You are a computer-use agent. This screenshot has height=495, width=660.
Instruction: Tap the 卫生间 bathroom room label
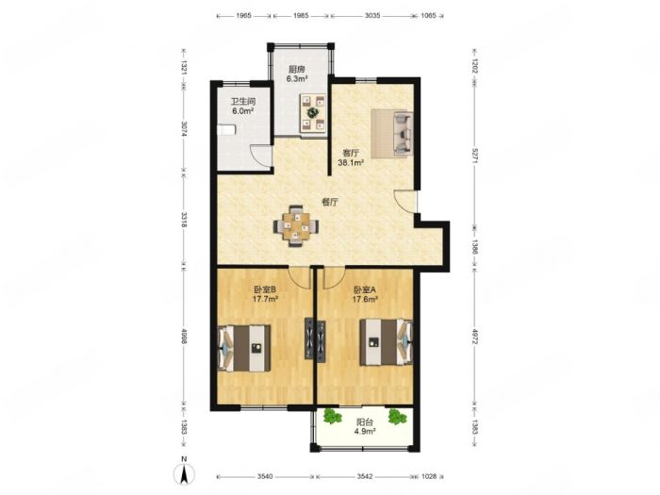[243, 106]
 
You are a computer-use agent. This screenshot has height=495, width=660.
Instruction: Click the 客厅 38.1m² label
[351, 157]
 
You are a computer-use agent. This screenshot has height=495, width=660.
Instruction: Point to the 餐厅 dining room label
[330, 202]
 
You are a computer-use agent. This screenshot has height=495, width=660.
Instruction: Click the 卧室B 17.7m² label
[265, 294]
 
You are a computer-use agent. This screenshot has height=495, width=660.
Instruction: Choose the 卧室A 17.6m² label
[365, 294]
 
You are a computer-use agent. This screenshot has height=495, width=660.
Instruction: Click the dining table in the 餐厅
[296, 226]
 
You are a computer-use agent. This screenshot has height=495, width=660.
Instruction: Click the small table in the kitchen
[314, 113]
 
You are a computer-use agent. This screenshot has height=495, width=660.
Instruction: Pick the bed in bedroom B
[243, 348]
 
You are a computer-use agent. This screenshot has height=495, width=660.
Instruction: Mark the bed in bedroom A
[386, 342]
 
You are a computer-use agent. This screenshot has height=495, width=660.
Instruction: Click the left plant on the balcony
[332, 417]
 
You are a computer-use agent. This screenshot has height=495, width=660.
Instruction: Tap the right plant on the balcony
[397, 417]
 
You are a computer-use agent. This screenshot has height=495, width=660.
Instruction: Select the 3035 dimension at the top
[372, 16]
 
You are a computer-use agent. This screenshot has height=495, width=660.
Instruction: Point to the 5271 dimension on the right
[474, 156]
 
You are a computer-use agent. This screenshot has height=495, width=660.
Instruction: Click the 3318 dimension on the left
[184, 220]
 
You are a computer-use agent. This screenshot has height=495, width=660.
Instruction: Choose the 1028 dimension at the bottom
[429, 476]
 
